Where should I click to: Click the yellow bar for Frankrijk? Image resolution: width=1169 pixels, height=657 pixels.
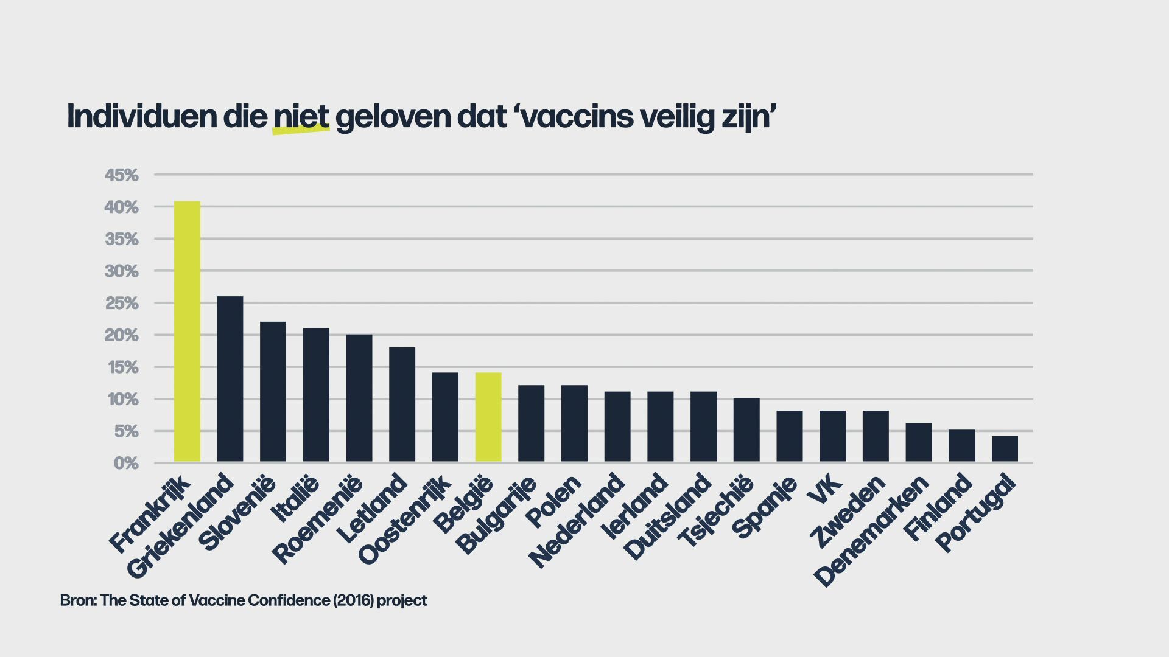187,332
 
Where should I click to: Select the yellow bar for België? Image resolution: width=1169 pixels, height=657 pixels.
488,417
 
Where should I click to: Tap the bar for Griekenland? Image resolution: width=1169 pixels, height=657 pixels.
230,379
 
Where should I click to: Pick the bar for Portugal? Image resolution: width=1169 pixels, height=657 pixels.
1005,449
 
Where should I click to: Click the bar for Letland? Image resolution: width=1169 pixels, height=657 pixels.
402,405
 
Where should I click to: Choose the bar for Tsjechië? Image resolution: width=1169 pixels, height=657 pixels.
746,430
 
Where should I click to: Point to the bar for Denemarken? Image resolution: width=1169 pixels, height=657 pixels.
919,443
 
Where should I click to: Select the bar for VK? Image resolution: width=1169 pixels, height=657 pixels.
832,436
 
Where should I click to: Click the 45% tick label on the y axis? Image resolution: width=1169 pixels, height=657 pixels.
122,176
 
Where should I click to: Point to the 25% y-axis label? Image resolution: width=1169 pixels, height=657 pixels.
122,304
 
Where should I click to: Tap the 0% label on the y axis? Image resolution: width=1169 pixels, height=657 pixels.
126,464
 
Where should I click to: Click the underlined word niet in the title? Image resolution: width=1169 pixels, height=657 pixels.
301,116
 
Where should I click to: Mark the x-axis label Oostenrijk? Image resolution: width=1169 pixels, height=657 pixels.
405,519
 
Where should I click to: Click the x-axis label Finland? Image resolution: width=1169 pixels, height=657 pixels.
938,507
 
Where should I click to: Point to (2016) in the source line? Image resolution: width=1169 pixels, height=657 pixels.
353,600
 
